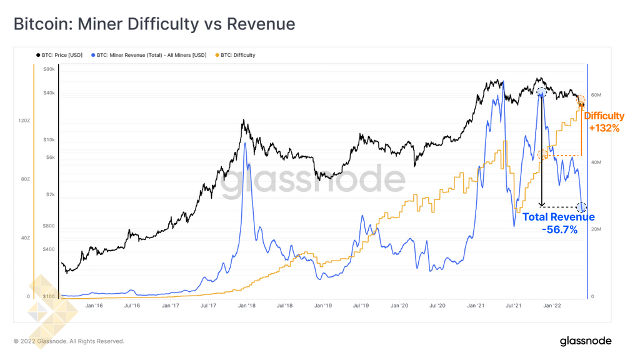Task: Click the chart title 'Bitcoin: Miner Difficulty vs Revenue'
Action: [x=154, y=24]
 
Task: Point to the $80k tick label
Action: [x=49, y=69]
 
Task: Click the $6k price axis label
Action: [x=49, y=157]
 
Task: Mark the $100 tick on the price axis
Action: [x=49, y=296]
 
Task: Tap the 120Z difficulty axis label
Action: [x=24, y=120]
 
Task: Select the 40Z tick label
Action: [x=24, y=238]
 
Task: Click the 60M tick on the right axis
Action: [x=596, y=96]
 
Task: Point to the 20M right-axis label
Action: [x=596, y=229]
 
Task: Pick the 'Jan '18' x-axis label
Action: [x=247, y=306]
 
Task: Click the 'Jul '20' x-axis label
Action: [x=437, y=306]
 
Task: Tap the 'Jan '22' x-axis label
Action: [x=552, y=306]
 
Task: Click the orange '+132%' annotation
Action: [x=604, y=128]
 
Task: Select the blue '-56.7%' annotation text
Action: [x=559, y=230]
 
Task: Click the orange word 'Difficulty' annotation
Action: [x=604, y=116]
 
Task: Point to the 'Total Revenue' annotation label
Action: [x=558, y=217]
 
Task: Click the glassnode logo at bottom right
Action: [x=585, y=341]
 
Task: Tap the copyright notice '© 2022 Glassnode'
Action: [x=69, y=341]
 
